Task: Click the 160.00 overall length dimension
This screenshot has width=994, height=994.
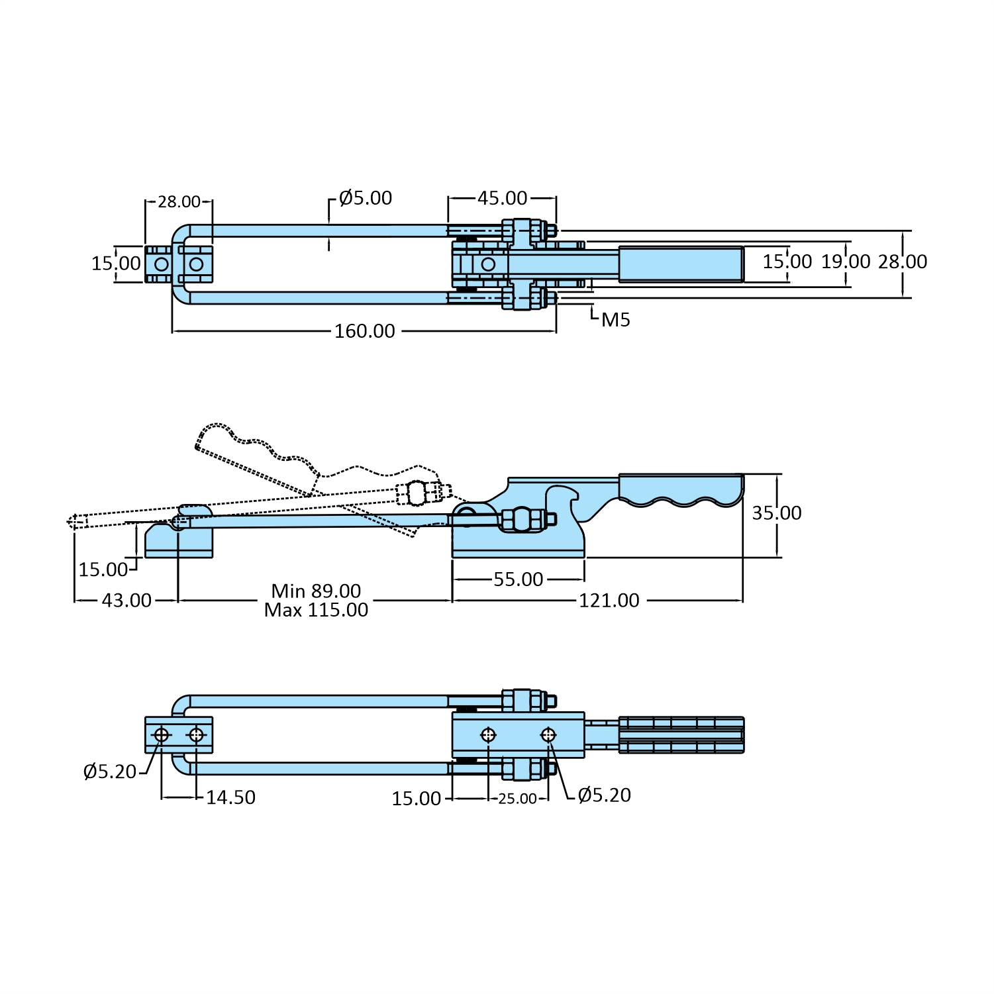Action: (x=364, y=331)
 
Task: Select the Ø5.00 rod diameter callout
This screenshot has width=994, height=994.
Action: (x=365, y=198)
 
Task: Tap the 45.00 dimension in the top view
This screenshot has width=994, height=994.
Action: (x=502, y=198)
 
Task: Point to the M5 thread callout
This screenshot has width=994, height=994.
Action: (x=615, y=320)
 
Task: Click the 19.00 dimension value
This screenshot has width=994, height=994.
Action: (x=846, y=262)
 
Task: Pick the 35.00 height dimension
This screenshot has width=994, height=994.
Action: (x=776, y=513)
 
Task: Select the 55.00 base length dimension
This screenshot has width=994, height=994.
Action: (x=518, y=579)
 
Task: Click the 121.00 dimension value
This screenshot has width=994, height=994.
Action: (x=609, y=601)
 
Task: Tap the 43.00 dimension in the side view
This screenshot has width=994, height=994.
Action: (x=126, y=601)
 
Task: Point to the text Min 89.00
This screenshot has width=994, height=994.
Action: (x=316, y=591)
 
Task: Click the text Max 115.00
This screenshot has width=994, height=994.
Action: (x=316, y=610)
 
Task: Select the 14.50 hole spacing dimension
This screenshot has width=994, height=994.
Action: (x=230, y=797)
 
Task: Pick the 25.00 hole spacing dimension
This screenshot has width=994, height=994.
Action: (x=517, y=799)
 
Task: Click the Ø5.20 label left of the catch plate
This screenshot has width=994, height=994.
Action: (x=109, y=771)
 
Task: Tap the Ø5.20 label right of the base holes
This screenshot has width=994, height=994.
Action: (x=604, y=795)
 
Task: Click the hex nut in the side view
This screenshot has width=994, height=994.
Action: (x=522, y=519)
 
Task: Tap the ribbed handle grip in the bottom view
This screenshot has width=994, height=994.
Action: (x=681, y=735)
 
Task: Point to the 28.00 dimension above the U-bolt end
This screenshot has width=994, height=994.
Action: (x=179, y=201)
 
